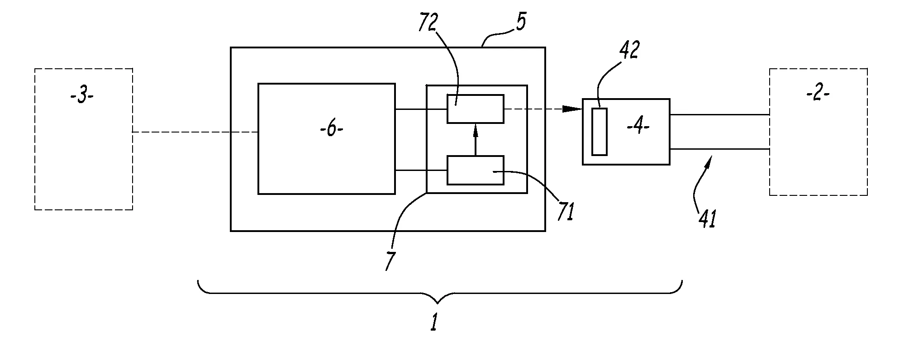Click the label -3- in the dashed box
coord(82,97)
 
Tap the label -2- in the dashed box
coord(818,95)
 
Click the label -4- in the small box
coord(638,127)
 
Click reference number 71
coord(566,211)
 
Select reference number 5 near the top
coord(521,23)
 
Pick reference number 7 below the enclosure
coord(390,261)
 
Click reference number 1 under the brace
coord(434,323)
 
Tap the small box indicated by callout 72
coord(475,109)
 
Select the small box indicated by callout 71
coord(475,170)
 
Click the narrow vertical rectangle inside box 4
coord(599,132)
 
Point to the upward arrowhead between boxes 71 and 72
coord(475,130)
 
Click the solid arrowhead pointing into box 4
coord(573,109)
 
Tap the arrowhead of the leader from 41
coord(711,159)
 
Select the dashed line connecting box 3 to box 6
coord(195,132)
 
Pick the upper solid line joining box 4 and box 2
coord(719,114)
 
